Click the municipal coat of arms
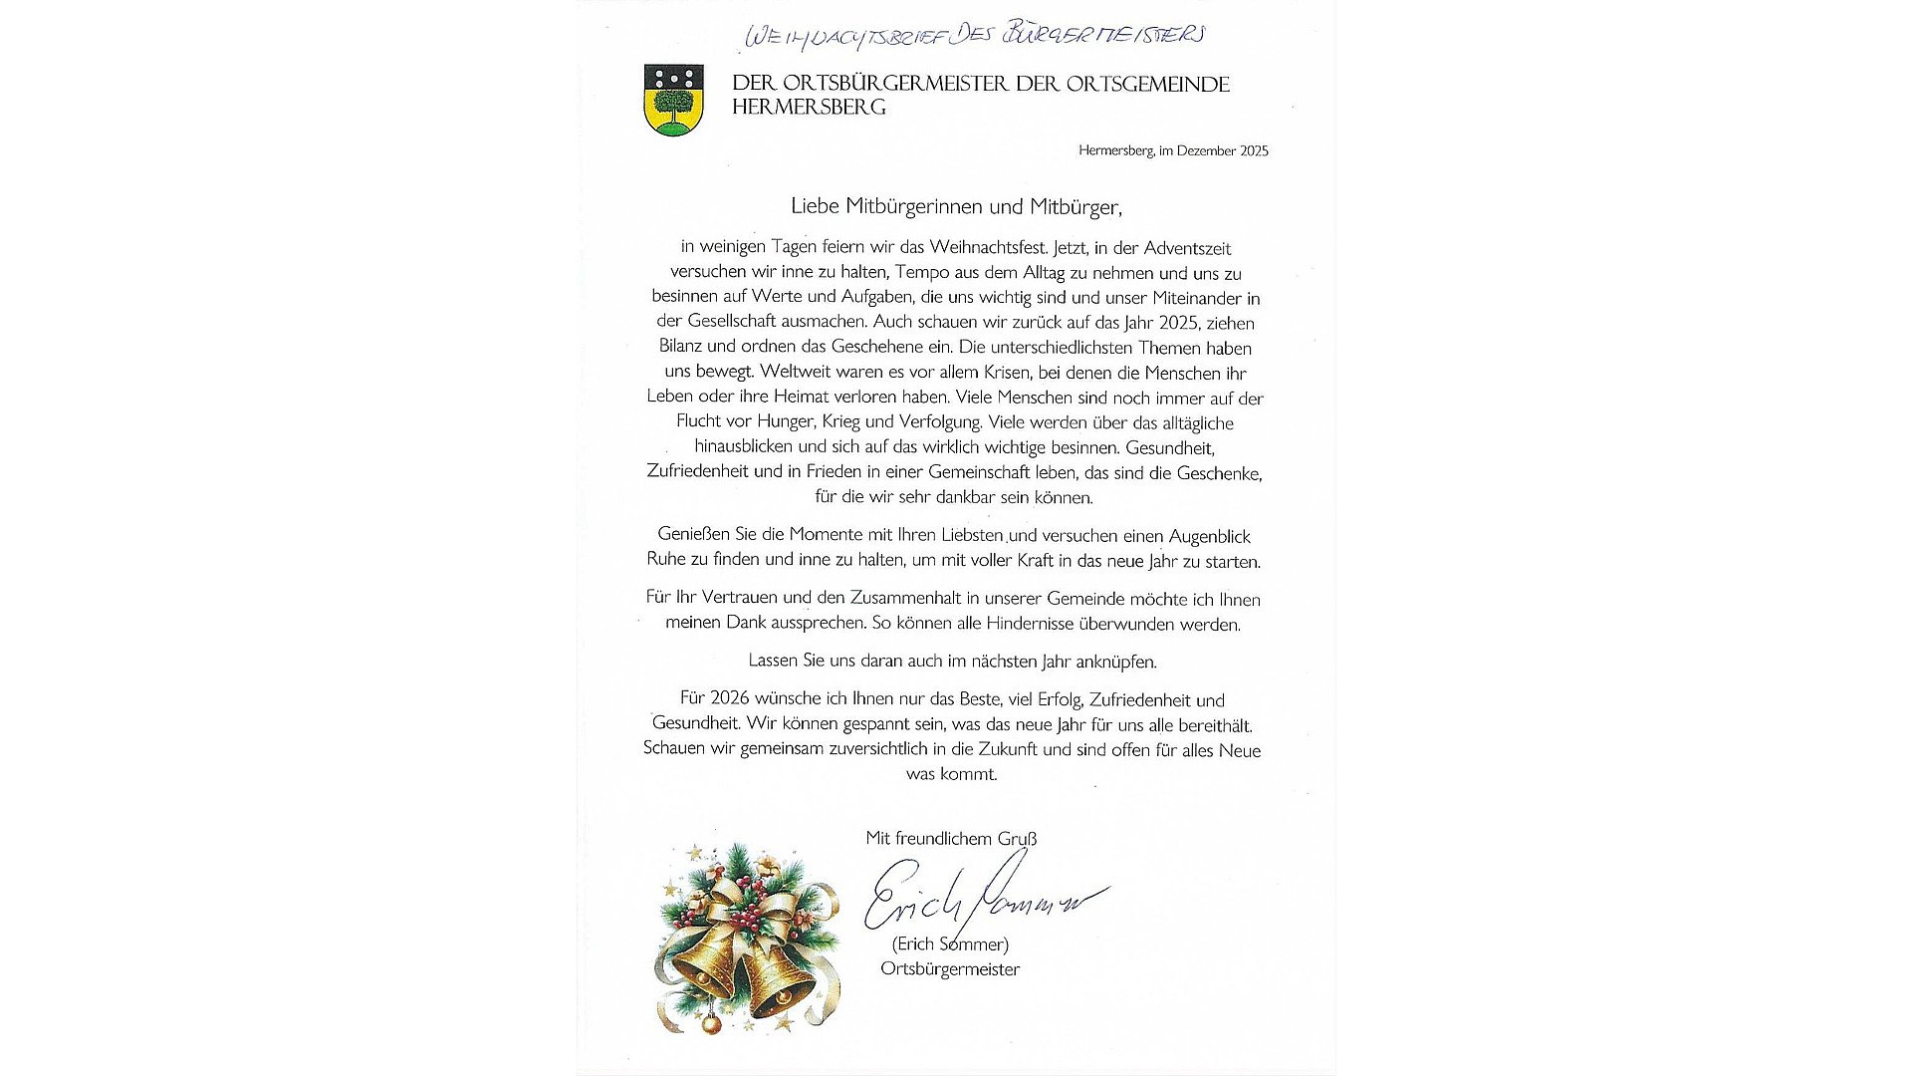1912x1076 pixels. coord(674,100)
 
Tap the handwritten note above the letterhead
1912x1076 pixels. coord(975,35)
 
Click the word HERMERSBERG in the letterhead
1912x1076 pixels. coord(809,108)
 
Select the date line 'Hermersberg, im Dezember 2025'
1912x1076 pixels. coord(1173,151)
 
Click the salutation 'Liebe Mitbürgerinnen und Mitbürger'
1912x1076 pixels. coord(956,207)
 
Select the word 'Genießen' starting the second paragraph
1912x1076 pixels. coord(693,535)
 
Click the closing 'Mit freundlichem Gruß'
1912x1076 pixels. coord(951,839)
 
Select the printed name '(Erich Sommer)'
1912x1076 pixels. coord(950,944)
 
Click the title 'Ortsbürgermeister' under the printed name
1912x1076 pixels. coord(950,969)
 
